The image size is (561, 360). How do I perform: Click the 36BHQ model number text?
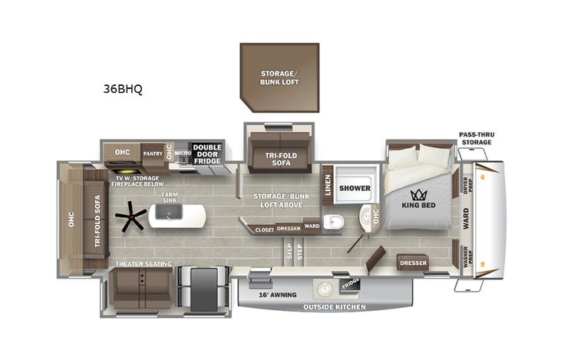[x=123, y=88]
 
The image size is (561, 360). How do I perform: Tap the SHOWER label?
[x=355, y=188]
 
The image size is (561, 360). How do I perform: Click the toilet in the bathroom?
[x=334, y=222]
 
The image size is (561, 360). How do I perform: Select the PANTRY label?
[x=153, y=152]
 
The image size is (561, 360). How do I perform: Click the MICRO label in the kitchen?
[x=181, y=153]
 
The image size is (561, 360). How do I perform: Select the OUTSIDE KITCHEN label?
[x=335, y=307]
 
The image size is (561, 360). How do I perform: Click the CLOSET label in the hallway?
[x=265, y=229]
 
